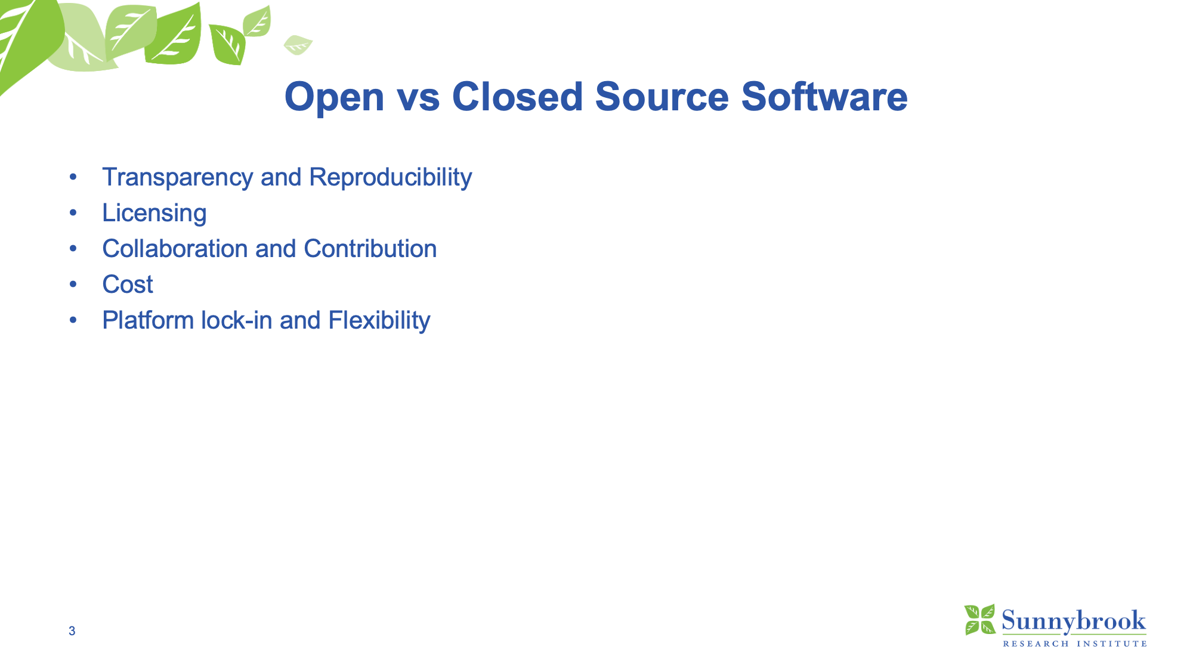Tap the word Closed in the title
pyautogui.click(x=517, y=96)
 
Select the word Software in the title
pyautogui.click(x=824, y=96)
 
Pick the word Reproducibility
pyautogui.click(x=391, y=178)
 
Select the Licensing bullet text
pyautogui.click(x=154, y=214)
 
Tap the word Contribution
pyautogui.click(x=370, y=249)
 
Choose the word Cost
pyautogui.click(x=128, y=285)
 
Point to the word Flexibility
pyautogui.click(x=379, y=321)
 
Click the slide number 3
pyautogui.click(x=72, y=631)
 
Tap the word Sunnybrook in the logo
pyautogui.click(x=1074, y=621)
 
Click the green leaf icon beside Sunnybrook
pyautogui.click(x=980, y=620)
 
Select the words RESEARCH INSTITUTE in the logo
pyautogui.click(x=1075, y=644)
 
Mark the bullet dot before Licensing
pyautogui.click(x=73, y=213)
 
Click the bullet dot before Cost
pyautogui.click(x=73, y=285)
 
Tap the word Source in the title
pyautogui.click(x=662, y=96)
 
